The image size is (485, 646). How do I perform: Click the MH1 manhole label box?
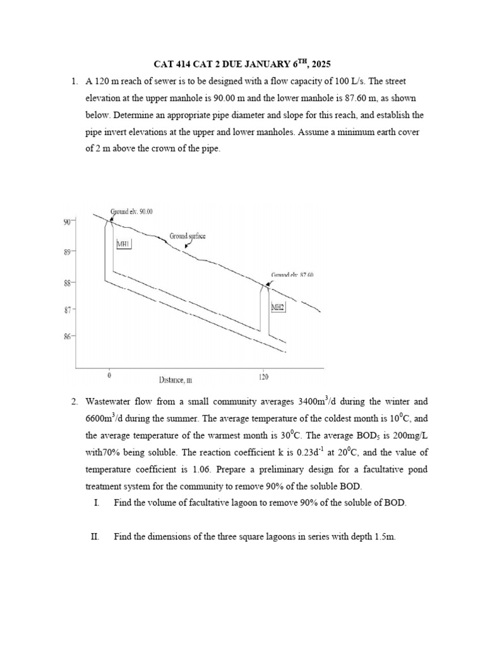pyautogui.click(x=123, y=244)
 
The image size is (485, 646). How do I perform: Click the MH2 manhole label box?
pyautogui.click(x=278, y=307)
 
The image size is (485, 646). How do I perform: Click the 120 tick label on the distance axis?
pyautogui.click(x=263, y=377)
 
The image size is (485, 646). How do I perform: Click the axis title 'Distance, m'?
pyautogui.click(x=175, y=380)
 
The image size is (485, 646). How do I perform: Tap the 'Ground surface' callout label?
pyautogui.click(x=188, y=237)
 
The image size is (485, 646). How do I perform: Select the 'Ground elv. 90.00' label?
pyautogui.click(x=136, y=211)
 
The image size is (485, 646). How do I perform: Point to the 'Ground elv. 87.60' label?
pyautogui.click(x=292, y=275)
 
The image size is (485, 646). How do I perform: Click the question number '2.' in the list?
pyautogui.click(x=74, y=401)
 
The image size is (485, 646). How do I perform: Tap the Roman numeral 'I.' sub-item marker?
pyautogui.click(x=95, y=503)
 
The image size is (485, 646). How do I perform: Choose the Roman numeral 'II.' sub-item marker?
pyautogui.click(x=97, y=537)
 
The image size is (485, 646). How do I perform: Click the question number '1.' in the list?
pyautogui.click(x=74, y=81)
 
